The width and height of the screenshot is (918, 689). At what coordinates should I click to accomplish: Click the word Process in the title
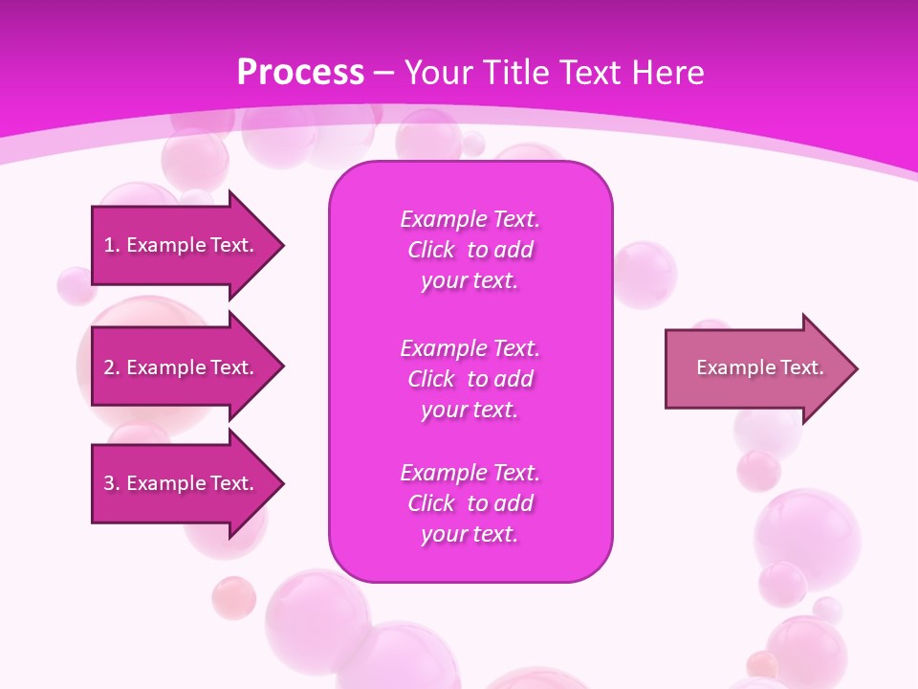click(x=300, y=72)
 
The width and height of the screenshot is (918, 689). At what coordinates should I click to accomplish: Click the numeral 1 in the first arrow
click(x=109, y=245)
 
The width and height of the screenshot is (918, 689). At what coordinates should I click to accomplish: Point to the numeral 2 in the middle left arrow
click(x=109, y=367)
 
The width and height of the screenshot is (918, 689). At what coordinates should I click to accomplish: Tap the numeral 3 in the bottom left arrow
click(x=109, y=483)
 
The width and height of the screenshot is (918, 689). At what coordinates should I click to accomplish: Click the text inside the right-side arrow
click(x=759, y=367)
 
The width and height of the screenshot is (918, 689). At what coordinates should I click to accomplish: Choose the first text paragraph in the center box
click(x=470, y=250)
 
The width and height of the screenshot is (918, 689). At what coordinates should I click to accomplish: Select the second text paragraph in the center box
click(x=470, y=379)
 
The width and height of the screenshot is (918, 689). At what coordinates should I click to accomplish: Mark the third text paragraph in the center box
click(x=470, y=503)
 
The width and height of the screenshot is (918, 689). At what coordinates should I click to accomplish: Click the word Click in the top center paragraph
click(x=430, y=250)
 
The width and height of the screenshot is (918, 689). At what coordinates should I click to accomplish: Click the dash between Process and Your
click(x=383, y=73)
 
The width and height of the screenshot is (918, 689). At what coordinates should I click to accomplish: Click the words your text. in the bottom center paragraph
click(x=470, y=534)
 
